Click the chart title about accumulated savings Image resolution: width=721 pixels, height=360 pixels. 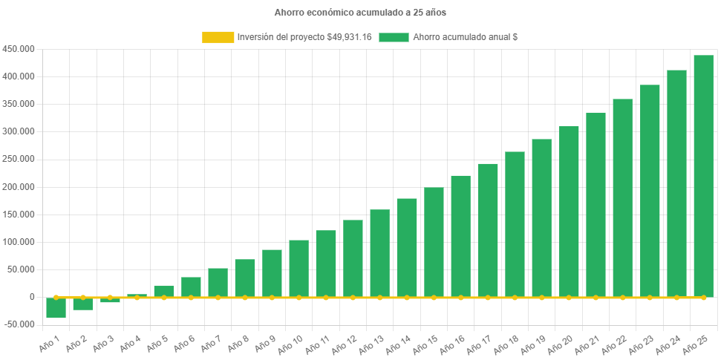pos(360,13)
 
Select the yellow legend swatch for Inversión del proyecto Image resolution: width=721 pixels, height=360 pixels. pos(218,37)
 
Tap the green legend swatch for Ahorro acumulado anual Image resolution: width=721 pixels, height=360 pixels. pos(394,37)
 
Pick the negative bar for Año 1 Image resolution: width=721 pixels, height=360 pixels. pos(56,307)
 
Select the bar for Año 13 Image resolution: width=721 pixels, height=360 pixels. pos(379,253)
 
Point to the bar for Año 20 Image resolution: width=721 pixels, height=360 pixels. pos(569,212)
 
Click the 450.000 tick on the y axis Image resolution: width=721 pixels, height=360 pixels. pos(19,49)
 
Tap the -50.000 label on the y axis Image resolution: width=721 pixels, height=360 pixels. pos(19,324)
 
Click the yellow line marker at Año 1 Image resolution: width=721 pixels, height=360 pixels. pos(56,297)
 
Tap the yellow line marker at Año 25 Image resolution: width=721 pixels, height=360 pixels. pos(703,297)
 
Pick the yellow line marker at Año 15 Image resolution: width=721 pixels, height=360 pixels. pos(434,297)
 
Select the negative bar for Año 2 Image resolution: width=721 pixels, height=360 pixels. pos(82,304)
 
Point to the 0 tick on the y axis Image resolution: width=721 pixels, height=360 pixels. pos(32,297)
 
